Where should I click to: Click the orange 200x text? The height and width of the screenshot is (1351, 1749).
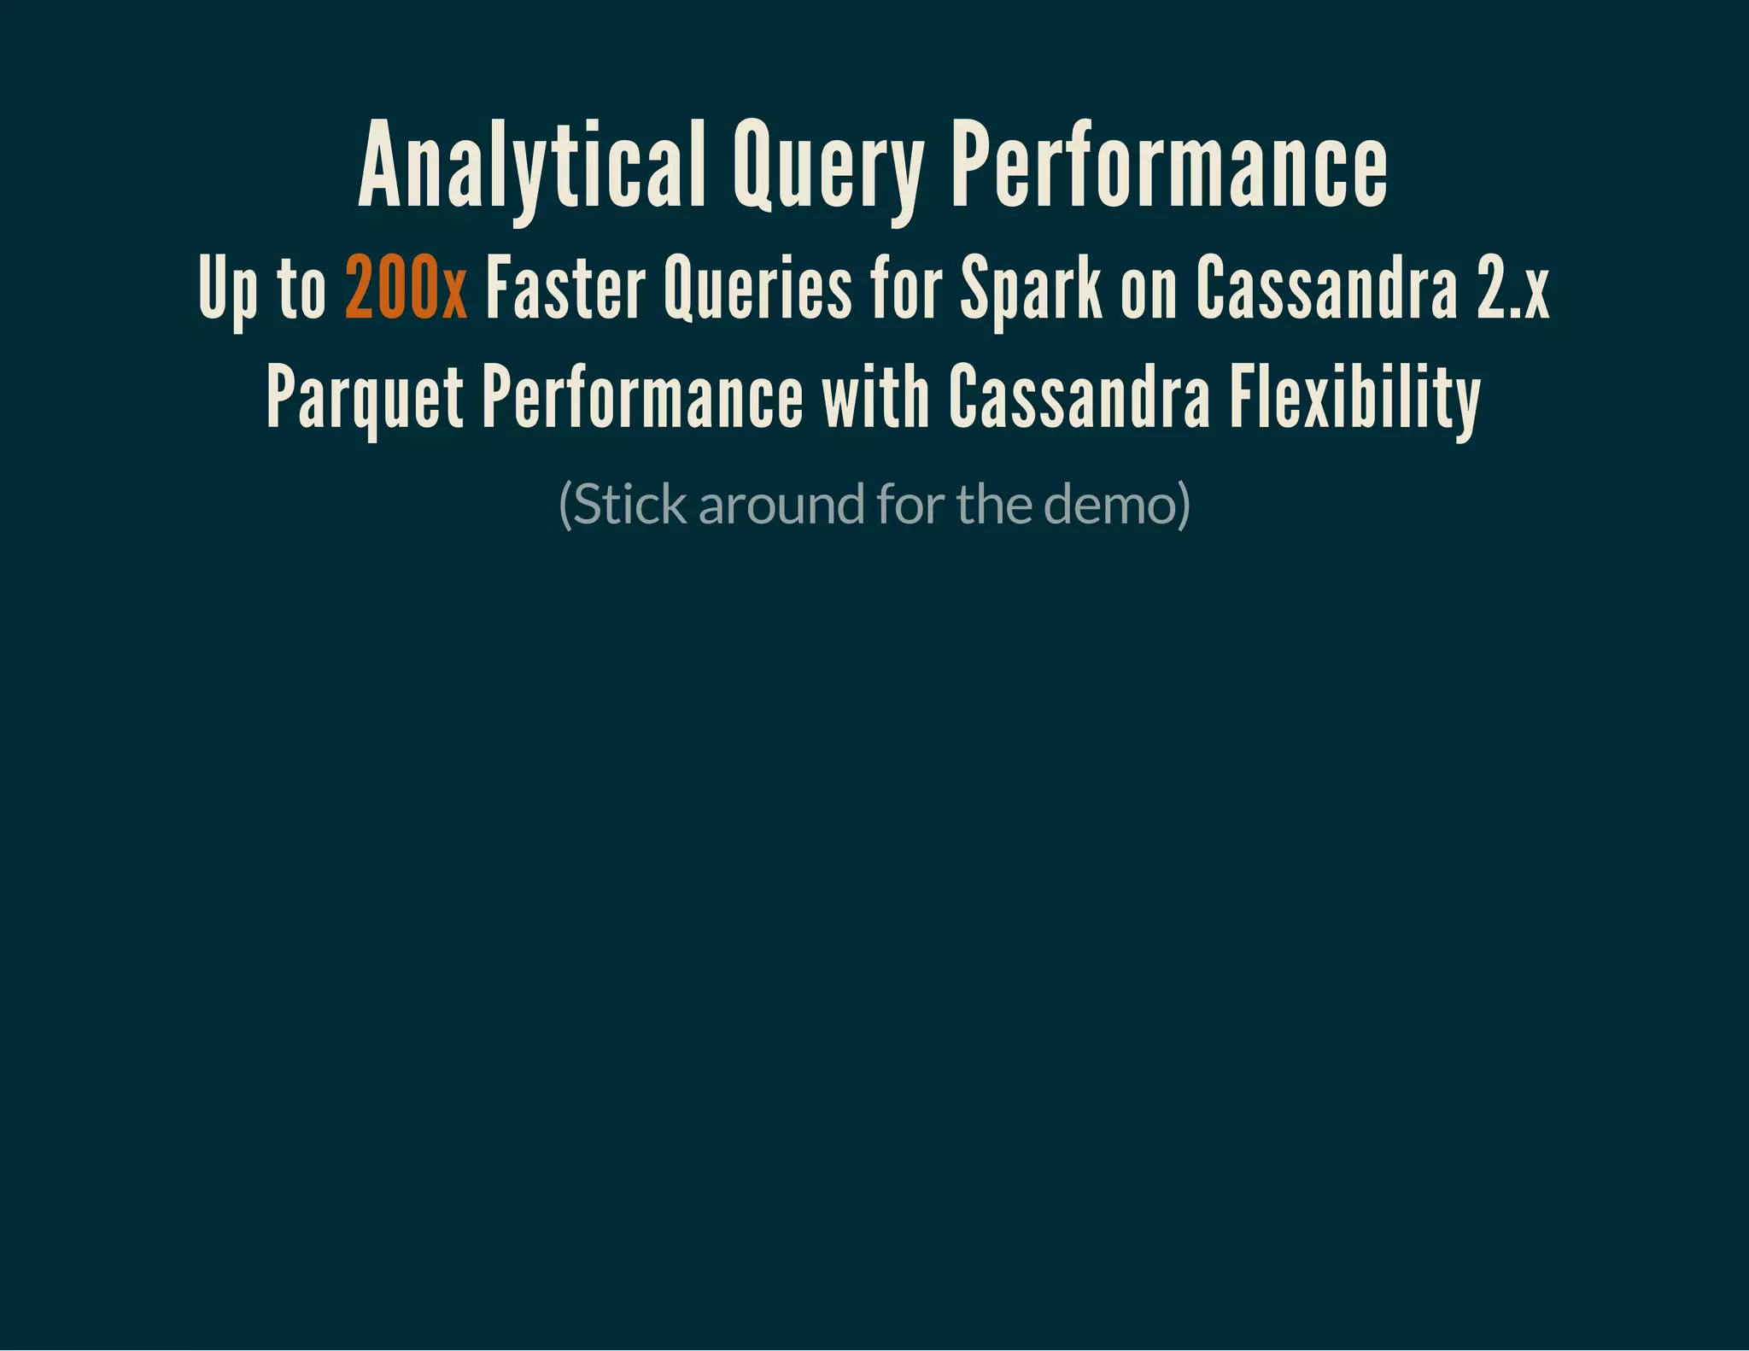click(406, 288)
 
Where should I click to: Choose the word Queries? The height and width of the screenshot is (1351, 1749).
click(758, 288)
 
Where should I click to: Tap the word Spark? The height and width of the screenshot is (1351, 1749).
click(1032, 288)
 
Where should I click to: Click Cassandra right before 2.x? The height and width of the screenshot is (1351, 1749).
click(1326, 288)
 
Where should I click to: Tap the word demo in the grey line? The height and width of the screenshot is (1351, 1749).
click(1108, 505)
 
